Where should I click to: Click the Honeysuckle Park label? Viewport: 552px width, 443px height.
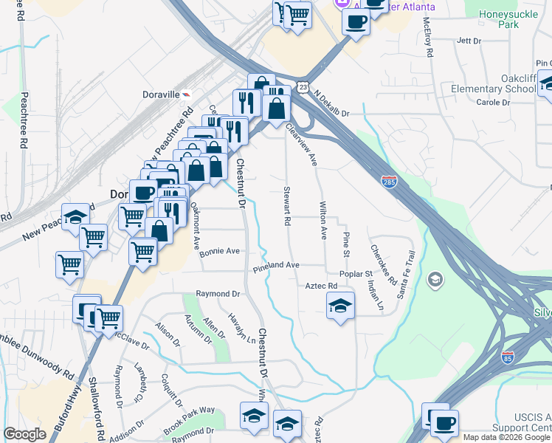pyautogui.click(x=510, y=18)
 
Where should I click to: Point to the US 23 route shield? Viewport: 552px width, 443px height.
pyautogui.click(x=304, y=86)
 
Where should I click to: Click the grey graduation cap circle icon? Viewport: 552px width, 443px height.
pyautogui.click(x=435, y=278)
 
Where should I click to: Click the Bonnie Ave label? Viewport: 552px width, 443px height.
pyautogui.click(x=219, y=251)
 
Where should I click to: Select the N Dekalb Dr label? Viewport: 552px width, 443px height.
pyautogui.click(x=331, y=104)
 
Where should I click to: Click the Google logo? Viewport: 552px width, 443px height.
pyautogui.click(x=25, y=434)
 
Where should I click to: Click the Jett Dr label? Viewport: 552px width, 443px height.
pyautogui.click(x=469, y=41)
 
